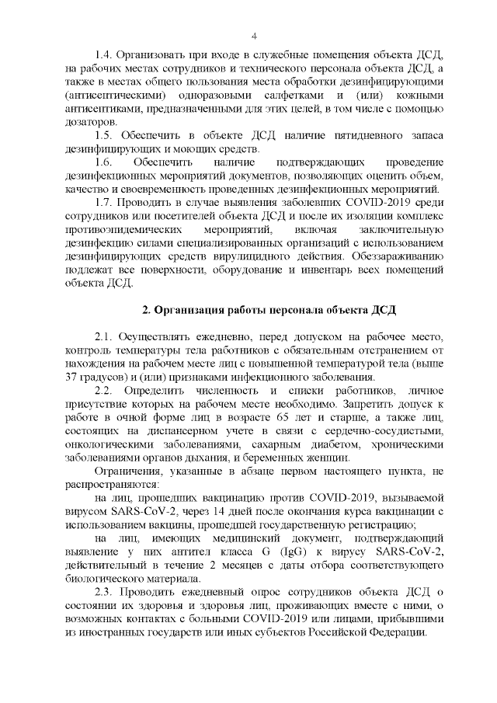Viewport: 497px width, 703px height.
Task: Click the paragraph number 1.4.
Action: pyautogui.click(x=104, y=55)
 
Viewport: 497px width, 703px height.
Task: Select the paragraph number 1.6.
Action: pyautogui.click(x=103, y=162)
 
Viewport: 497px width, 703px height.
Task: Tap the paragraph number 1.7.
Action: pyautogui.click(x=104, y=203)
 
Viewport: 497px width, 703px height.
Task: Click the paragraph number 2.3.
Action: pyautogui.click(x=104, y=591)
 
